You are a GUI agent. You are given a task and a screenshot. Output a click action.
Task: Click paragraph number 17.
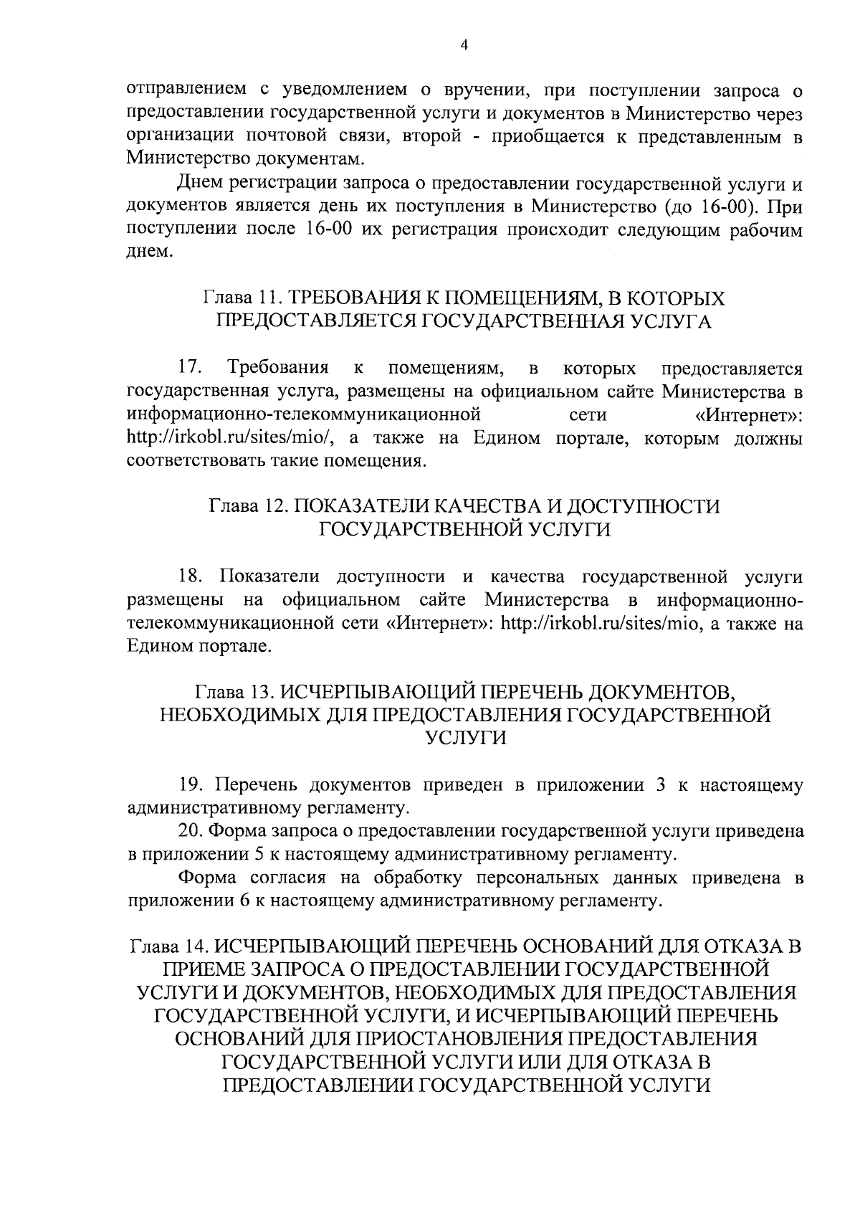189,369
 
